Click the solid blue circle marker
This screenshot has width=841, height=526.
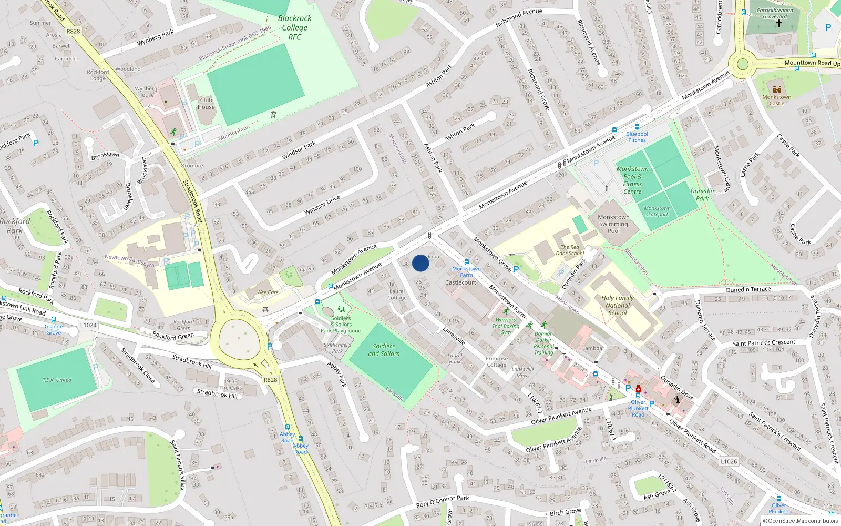[420, 263]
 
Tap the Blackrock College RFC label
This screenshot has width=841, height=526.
[295, 27]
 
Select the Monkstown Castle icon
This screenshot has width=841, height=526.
[777, 89]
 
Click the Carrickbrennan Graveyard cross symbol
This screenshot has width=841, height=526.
[779, 23]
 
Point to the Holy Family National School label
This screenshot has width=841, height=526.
[618, 305]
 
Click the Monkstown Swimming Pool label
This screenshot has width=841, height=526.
[613, 224]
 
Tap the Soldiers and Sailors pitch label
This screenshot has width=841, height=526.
[384, 350]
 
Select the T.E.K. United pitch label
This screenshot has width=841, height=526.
[57, 380]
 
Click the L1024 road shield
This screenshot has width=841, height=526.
[88, 325]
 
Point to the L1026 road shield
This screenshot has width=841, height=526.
[729, 461]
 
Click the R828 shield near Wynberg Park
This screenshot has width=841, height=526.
[74, 31]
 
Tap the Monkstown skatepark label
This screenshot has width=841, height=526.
[657, 211]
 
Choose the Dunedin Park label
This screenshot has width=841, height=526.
[702, 195]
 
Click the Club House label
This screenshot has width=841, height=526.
[206, 103]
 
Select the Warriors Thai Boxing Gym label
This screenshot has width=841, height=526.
[506, 326]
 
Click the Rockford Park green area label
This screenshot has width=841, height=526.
[15, 226]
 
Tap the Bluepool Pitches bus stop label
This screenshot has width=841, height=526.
[637, 137]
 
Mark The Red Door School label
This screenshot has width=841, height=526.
[570, 250]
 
